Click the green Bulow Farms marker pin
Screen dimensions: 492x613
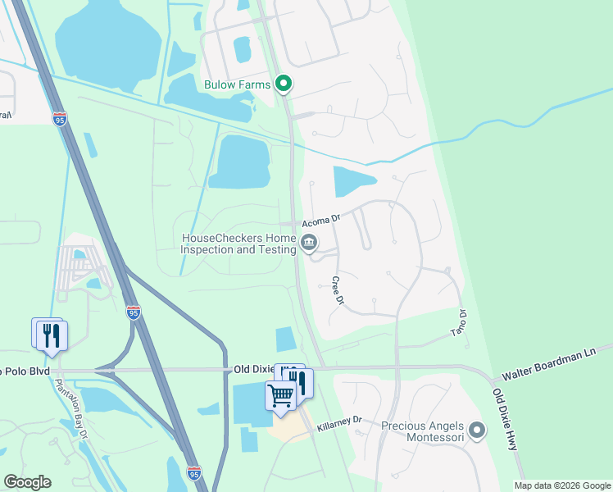click(x=284, y=83)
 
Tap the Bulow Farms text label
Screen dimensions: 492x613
click(x=238, y=84)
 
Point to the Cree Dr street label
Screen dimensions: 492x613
click(x=336, y=290)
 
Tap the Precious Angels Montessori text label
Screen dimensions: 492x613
click(x=423, y=431)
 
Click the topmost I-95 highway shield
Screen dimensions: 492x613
click(x=60, y=119)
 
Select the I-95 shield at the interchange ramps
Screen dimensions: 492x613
click(x=134, y=312)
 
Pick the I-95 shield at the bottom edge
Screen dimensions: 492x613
click(x=193, y=473)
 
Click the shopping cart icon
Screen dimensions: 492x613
click(x=280, y=396)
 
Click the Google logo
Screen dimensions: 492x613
click(x=27, y=482)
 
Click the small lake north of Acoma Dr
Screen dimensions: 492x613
click(x=352, y=180)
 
